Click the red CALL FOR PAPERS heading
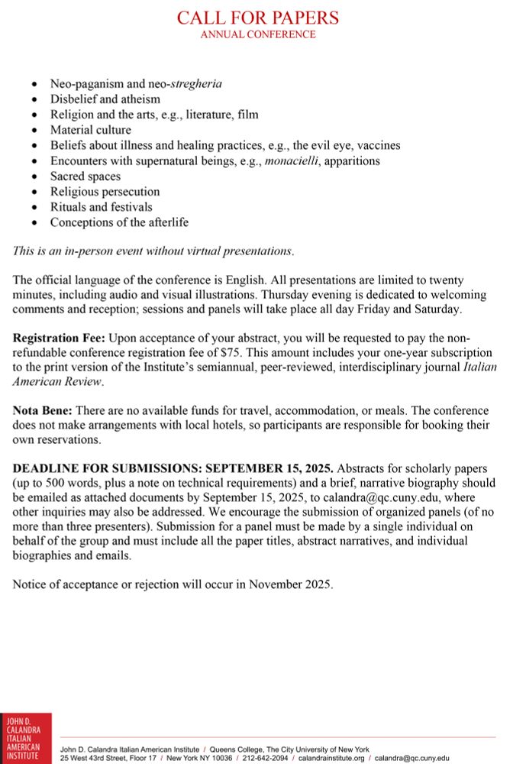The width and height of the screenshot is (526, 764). pyautogui.click(x=258, y=18)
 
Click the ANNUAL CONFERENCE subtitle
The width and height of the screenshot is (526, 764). pyautogui.click(x=258, y=34)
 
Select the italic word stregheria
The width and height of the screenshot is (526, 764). pyautogui.click(x=196, y=83)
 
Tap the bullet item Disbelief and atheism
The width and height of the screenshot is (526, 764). pyautogui.click(x=105, y=99)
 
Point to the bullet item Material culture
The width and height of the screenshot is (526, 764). pyautogui.click(x=91, y=130)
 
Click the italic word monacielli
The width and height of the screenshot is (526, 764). pyautogui.click(x=292, y=160)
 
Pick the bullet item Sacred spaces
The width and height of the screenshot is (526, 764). pyautogui.click(x=86, y=176)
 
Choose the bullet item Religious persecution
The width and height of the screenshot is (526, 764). pyautogui.click(x=105, y=192)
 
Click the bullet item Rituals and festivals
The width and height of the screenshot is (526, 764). pyautogui.click(x=102, y=207)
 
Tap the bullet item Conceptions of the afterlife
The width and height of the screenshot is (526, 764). pyautogui.click(x=119, y=222)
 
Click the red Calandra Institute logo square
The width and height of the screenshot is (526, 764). pyautogui.click(x=26, y=738)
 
